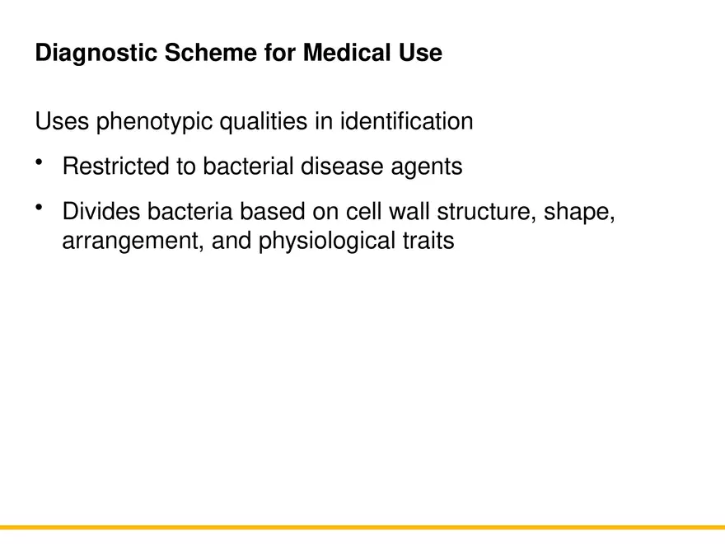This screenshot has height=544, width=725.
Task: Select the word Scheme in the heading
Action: click(x=211, y=52)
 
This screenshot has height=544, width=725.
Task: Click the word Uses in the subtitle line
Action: click(x=62, y=121)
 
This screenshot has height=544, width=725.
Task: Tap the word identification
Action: click(x=406, y=121)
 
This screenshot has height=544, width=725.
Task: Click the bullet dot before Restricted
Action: click(x=39, y=162)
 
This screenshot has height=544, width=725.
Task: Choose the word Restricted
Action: click(x=115, y=166)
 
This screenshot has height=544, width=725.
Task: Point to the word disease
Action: click(x=342, y=166)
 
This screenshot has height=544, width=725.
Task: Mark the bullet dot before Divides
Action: click(x=39, y=207)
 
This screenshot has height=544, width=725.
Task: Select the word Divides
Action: click(x=101, y=211)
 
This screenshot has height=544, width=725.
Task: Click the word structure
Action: click(x=486, y=212)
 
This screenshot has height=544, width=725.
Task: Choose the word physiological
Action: click(x=326, y=242)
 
